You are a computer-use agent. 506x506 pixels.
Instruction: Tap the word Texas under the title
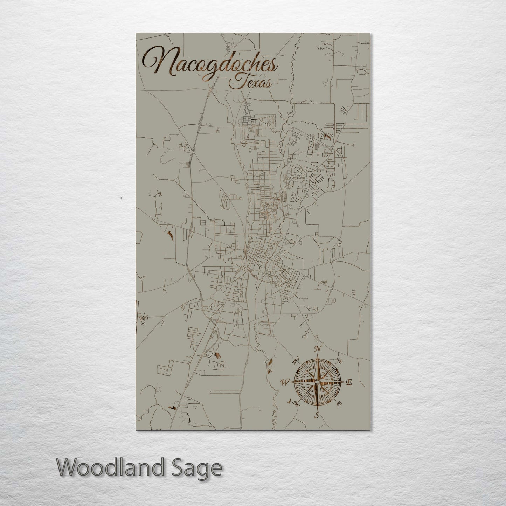[250, 83]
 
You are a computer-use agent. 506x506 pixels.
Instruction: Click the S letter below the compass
[317, 416]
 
